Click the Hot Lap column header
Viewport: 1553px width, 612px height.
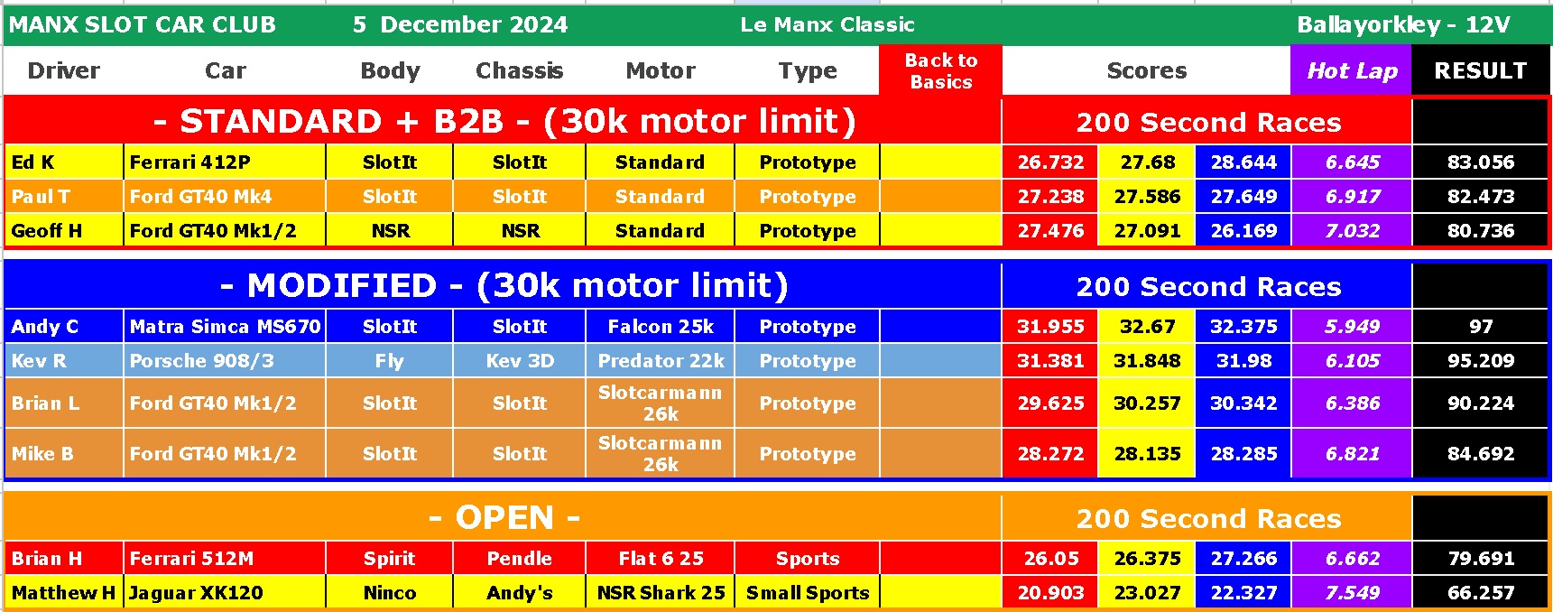[1352, 70]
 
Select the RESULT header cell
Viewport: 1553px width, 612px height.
[1481, 70]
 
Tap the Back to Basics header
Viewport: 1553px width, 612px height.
[941, 70]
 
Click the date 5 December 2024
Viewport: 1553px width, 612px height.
[460, 24]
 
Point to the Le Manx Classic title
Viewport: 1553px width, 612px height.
[827, 24]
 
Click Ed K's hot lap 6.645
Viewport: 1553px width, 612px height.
[1352, 162]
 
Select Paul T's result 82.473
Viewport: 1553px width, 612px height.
[1481, 197]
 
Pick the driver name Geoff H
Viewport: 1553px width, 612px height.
[47, 231]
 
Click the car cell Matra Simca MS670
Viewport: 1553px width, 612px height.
[225, 327]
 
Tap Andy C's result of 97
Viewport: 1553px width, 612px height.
[1481, 327]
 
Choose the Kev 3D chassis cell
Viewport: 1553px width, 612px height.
[520, 361]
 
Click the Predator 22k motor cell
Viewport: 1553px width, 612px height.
[661, 361]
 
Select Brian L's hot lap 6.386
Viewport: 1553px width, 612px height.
[1352, 403]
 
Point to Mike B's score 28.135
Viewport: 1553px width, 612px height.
[1147, 454]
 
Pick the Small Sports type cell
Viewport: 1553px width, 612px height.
[808, 593]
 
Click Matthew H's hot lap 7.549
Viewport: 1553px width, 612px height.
[1352, 593]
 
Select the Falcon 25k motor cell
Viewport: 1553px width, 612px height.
[661, 327]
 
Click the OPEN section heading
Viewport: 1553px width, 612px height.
[504, 518]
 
